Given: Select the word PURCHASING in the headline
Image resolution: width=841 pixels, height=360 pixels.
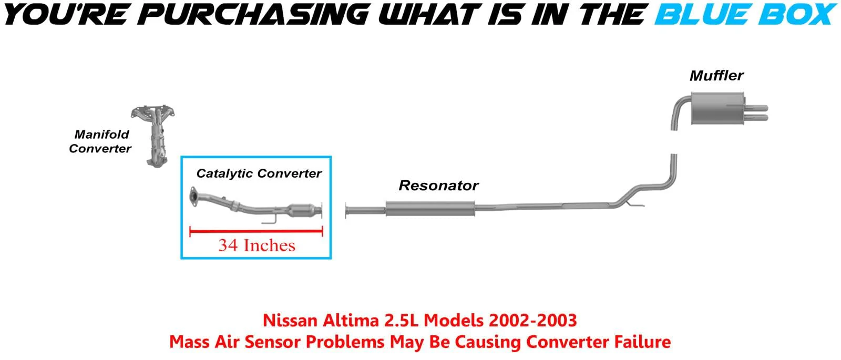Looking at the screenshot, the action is pos(253,14).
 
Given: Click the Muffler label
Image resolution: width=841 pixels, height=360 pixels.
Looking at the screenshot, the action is pos(716,76).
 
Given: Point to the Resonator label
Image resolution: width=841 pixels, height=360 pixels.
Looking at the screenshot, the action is pos(438,186).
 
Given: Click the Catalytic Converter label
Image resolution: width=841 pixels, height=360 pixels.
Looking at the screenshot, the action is pos(259,173).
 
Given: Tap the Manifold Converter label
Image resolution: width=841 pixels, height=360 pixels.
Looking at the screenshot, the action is pos(100,141).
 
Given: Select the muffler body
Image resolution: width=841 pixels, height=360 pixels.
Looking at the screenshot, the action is pos(717,108).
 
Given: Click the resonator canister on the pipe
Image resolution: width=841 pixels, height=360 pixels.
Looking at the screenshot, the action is pos(430,208).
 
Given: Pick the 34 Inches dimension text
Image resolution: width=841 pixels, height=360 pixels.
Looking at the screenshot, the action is pos(257,245).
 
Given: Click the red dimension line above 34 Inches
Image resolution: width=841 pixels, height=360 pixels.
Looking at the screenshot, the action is pos(256,231).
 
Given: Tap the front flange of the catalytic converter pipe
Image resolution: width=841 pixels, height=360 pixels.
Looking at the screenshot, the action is pos(194,197).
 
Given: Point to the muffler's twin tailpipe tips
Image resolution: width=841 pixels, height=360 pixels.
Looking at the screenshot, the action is pos(756,113).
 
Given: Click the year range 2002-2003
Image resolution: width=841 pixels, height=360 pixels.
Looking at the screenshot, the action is pos(533,321).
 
